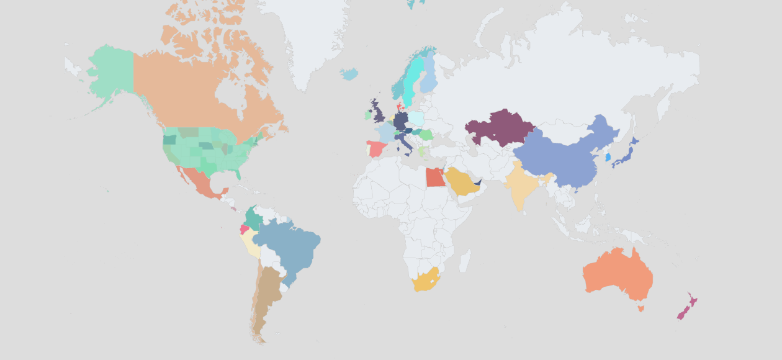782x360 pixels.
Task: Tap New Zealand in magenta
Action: click(x=686, y=307)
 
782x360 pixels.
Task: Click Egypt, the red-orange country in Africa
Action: click(x=435, y=178)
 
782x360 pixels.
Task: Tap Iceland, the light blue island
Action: click(x=349, y=74)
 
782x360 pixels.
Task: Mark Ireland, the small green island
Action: click(x=367, y=115)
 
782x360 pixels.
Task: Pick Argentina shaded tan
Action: click(x=267, y=298)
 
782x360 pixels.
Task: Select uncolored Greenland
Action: click(x=310, y=37)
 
